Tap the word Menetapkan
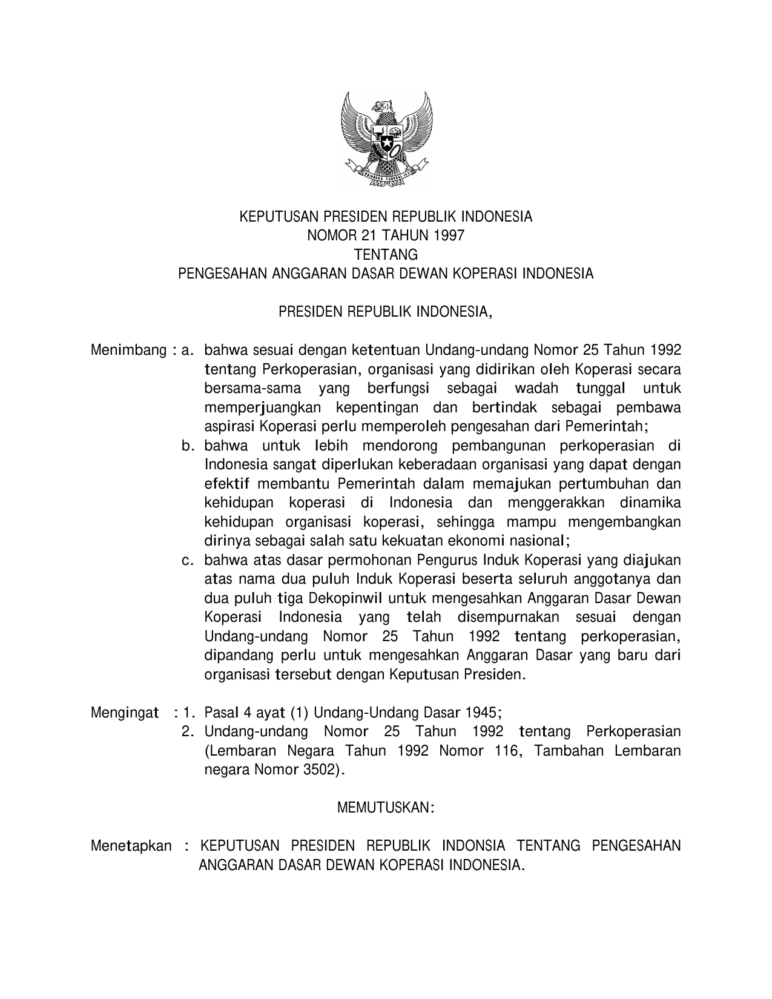[131, 846]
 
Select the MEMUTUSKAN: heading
[386, 808]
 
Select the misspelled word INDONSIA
[473, 846]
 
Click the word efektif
[226, 484]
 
